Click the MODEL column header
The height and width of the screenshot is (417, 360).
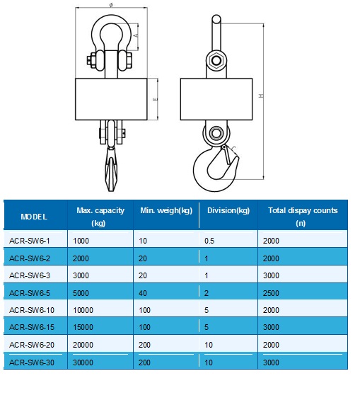point(34,217)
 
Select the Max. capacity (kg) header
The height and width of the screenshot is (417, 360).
point(100,217)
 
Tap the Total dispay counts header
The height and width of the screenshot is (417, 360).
point(303,217)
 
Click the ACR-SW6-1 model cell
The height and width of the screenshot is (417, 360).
point(30,241)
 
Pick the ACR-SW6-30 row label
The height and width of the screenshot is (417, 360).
point(32,362)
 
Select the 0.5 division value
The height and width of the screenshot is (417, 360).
point(209,241)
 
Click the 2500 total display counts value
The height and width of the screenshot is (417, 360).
point(271,293)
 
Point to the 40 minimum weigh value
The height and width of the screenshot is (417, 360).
point(143,293)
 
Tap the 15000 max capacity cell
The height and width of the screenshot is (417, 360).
point(83,327)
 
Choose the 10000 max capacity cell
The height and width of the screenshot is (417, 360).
point(83,310)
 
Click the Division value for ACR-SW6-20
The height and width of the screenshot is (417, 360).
point(209,345)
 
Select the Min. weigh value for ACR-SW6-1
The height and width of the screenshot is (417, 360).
point(143,241)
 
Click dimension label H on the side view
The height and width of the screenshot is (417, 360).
point(261,96)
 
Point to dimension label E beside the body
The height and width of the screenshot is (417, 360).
point(156,99)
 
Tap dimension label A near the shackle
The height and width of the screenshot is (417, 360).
point(136,35)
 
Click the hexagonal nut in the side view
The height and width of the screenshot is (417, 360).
point(216,60)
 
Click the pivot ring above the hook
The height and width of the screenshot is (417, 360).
point(216,133)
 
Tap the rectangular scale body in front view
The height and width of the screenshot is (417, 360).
point(111,99)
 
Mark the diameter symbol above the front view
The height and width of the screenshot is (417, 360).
point(111,4)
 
